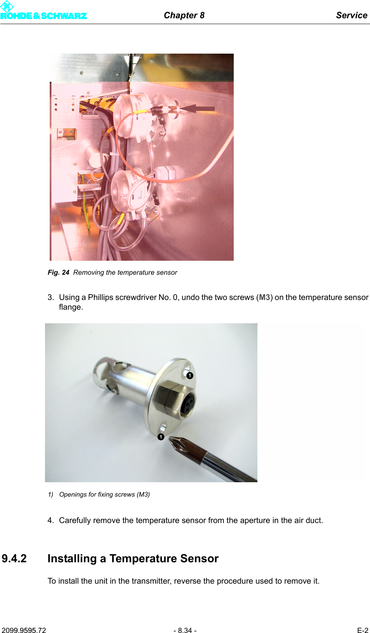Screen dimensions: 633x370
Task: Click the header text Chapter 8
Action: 184,15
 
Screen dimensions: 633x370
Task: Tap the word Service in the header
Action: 351,15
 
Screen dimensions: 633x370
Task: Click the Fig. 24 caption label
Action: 58,272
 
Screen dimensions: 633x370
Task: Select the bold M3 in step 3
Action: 264,297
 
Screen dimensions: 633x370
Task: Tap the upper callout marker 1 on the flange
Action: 189,375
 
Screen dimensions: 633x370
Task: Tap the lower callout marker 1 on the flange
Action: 161,437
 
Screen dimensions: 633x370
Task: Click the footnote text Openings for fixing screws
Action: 97,494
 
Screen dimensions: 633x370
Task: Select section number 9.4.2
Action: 14,558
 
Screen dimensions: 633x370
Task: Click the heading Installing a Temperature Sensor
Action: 133,558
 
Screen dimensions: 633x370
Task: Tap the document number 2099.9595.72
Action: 24,630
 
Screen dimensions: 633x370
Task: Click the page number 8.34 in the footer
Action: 185,630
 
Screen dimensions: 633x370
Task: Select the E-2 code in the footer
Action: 362,630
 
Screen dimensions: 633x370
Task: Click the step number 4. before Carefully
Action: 50,520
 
